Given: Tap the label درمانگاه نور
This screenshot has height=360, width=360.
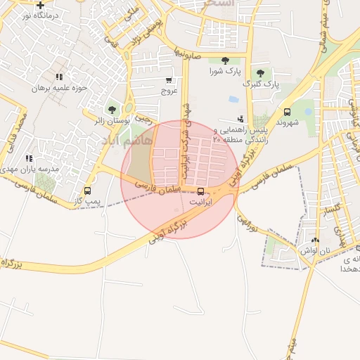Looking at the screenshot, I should click(x=39, y=15).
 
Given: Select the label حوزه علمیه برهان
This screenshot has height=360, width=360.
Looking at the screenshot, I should click(x=59, y=88).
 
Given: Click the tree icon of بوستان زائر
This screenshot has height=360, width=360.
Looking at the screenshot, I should click(x=111, y=110).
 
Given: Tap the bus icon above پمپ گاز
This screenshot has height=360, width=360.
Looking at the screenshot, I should click(x=88, y=191).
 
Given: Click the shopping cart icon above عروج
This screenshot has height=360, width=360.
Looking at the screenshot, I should click(x=169, y=81).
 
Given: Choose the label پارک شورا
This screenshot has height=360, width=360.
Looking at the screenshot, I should click(x=225, y=72).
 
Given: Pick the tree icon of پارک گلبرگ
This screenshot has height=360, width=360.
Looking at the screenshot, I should click(x=260, y=73).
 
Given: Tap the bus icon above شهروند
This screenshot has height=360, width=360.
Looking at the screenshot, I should click(x=287, y=111).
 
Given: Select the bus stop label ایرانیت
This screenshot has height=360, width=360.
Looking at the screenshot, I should click(x=200, y=202).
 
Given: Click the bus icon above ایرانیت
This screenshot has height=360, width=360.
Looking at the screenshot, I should click(x=201, y=191).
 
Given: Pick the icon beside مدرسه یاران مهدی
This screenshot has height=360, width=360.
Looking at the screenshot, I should click(x=29, y=159).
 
